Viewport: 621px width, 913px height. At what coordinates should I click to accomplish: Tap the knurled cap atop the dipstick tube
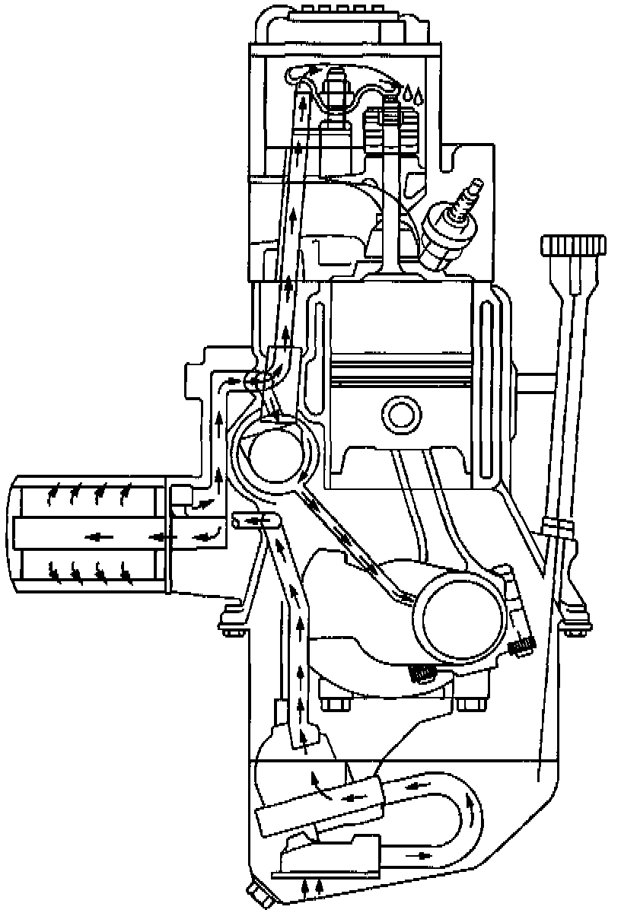[x=575, y=247]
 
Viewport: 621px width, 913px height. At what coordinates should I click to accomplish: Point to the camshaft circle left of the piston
[x=275, y=457]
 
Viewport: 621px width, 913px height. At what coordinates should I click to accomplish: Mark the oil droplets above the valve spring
[x=414, y=95]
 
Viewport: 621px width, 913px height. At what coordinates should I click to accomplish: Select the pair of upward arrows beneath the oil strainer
[x=312, y=885]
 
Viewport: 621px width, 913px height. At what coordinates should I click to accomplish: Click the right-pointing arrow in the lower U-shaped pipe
[x=418, y=854]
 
